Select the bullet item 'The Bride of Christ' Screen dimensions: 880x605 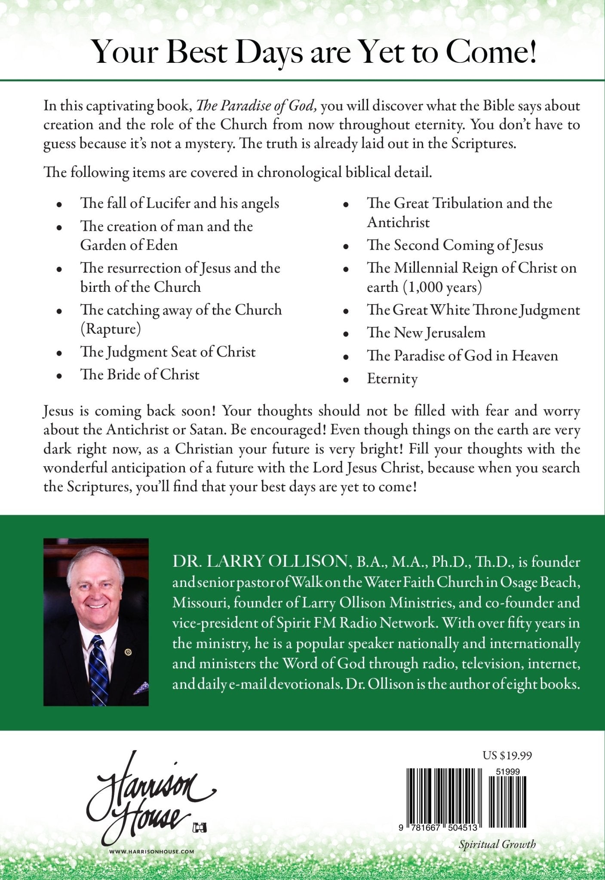coord(140,375)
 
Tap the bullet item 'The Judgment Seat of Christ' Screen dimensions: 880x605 coord(168,352)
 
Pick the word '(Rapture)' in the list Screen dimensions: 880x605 coord(111,329)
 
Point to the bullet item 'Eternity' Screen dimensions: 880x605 coord(392,379)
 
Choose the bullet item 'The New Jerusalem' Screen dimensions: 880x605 coord(426,333)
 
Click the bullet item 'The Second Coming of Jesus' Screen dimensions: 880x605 coord(455,245)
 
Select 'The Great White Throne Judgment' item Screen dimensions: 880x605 coord(473,310)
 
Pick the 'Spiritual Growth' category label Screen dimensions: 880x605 coord(497,844)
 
